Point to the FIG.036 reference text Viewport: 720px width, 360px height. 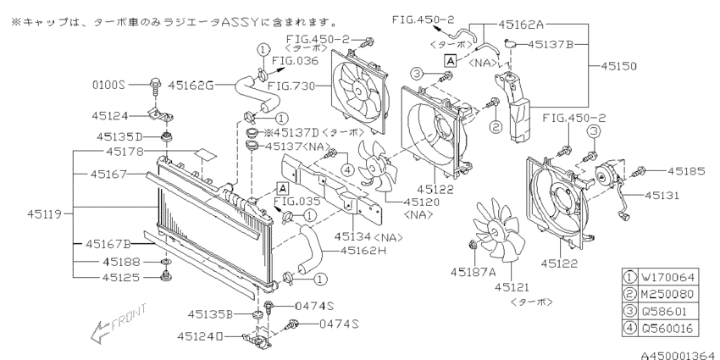coord(294,61)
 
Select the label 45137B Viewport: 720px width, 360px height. coord(558,43)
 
